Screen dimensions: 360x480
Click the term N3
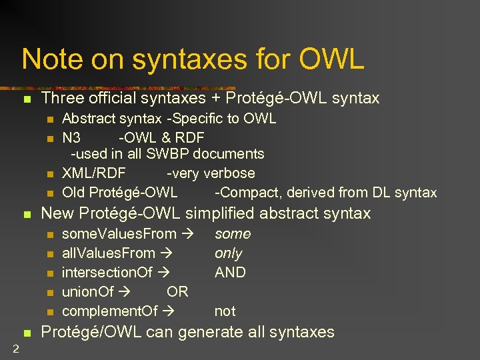point(71,138)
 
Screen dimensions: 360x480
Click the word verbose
point(229,173)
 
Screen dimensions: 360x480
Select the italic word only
point(228,253)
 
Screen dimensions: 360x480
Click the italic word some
point(233,234)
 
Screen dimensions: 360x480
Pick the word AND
point(230,273)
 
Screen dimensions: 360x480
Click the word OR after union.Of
point(177,292)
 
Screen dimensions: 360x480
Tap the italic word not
point(225,311)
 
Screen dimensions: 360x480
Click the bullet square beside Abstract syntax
point(49,120)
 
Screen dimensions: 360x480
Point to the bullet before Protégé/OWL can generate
point(27,333)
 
